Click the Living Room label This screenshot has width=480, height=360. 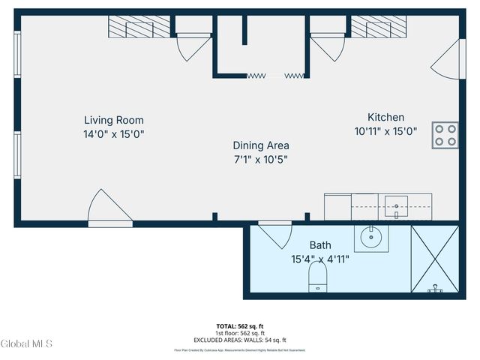113,120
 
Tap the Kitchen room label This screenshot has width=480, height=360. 385,117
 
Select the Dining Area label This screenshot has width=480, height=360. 260,145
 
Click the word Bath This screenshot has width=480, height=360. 321,245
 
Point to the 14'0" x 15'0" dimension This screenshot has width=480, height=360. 113,134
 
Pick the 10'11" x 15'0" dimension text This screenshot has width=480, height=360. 385,130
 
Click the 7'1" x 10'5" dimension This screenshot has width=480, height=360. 260,159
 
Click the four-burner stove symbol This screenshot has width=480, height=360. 445,135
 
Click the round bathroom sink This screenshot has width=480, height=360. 371,238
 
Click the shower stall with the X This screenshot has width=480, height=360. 434,259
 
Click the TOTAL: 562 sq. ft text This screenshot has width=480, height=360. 240,326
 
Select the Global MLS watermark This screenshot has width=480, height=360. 27,344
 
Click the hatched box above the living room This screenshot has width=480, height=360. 139,28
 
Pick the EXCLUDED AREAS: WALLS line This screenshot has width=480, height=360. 240,340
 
